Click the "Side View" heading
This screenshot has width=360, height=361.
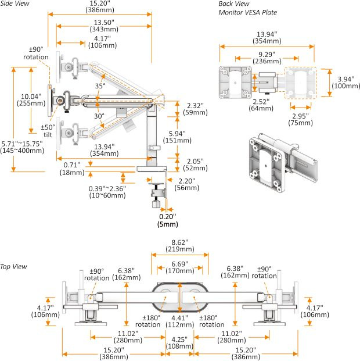pyautogui.click(x=15, y=4)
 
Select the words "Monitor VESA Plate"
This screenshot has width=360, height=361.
pyautogui.click(x=247, y=12)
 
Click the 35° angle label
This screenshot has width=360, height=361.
pyautogui.click(x=100, y=86)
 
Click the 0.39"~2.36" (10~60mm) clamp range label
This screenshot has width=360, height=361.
pyautogui.click(x=108, y=191)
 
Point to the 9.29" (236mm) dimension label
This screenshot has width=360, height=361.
pyautogui.click(x=267, y=58)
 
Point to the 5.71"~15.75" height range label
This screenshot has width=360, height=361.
pyautogui.click(x=22, y=147)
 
